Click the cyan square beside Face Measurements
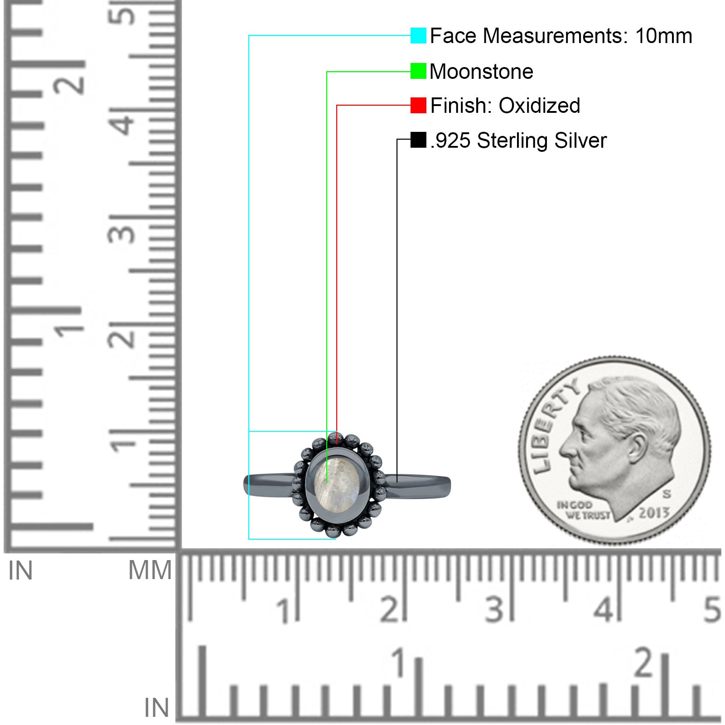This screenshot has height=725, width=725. [x=418, y=35]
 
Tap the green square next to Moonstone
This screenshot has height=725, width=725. [x=418, y=71]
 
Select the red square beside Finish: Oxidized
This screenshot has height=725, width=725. [x=418, y=105]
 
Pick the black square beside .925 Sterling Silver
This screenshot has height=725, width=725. [x=418, y=140]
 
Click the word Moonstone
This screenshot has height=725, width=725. [x=481, y=72]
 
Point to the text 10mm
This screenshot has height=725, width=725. [x=663, y=36]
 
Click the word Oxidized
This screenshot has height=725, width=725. [x=539, y=106]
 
